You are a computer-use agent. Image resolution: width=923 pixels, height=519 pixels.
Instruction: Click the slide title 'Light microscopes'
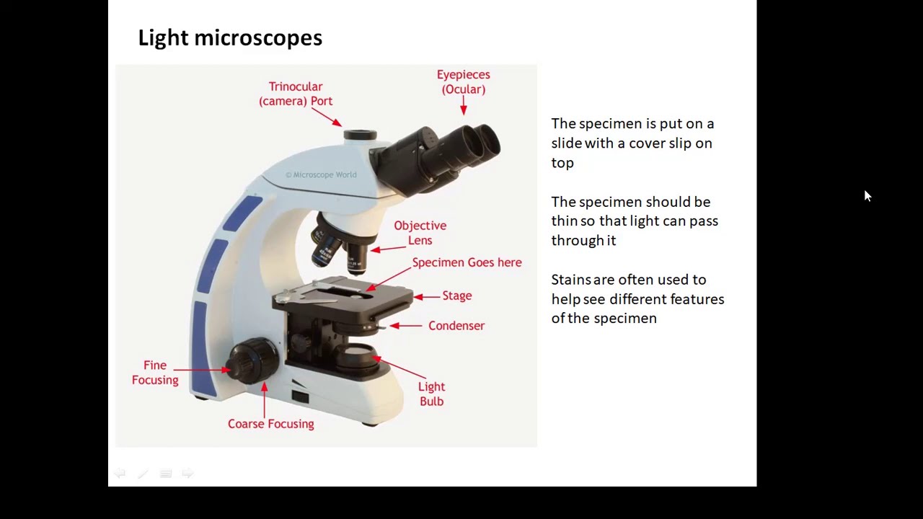tap(230, 37)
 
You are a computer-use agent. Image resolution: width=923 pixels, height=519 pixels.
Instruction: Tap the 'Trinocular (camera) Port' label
tap(296, 94)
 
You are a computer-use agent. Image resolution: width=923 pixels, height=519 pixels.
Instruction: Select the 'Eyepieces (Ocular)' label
tap(463, 81)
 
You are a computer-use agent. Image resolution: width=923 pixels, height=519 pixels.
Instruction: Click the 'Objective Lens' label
tap(420, 233)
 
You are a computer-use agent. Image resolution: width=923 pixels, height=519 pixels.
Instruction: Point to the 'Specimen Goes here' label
tap(467, 262)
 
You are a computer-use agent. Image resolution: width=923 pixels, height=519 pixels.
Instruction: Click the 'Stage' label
tap(456, 296)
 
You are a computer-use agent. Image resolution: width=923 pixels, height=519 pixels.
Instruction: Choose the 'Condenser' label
tap(456, 326)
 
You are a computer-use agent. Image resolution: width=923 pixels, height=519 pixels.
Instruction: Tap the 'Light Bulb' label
tap(431, 394)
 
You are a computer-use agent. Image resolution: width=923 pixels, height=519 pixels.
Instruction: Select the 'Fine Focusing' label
tap(155, 373)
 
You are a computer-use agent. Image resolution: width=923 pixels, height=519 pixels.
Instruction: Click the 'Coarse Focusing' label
tap(270, 424)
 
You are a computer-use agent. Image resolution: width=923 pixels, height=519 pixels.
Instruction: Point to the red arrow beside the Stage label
tap(426, 296)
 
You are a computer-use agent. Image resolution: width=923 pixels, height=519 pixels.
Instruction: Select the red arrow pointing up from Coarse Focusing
tap(265, 400)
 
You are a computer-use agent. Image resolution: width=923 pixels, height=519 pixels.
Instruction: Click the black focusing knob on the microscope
tap(252, 358)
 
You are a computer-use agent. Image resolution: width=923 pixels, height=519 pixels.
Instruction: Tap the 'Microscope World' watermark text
tap(321, 174)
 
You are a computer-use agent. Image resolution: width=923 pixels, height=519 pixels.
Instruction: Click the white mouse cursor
tap(867, 196)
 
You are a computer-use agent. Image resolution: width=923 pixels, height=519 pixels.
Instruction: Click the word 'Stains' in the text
tap(570, 280)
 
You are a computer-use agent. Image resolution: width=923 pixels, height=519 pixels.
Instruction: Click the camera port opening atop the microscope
tap(360, 135)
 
